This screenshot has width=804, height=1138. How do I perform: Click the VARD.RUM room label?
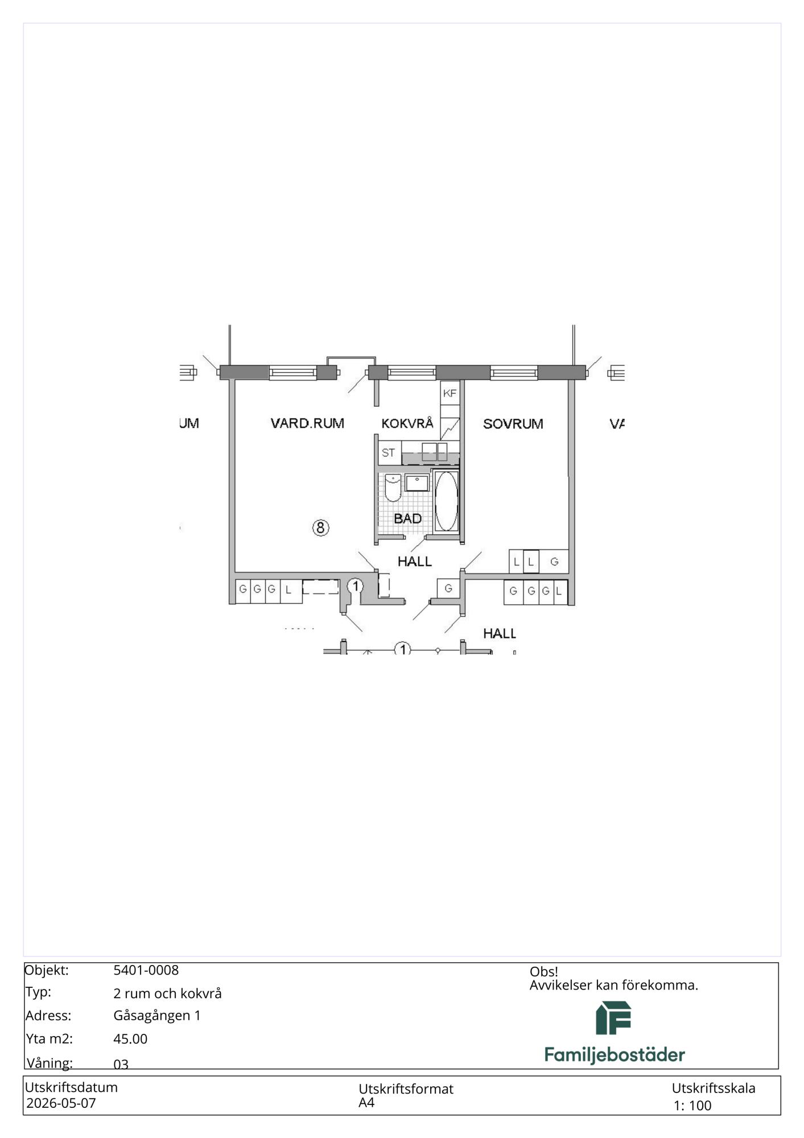[x=307, y=423]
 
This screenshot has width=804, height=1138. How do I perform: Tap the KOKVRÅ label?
[x=407, y=423]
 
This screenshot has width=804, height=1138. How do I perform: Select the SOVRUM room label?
[x=513, y=424]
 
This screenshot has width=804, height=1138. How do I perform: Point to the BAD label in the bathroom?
[x=407, y=518]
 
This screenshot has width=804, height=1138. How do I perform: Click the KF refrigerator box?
[x=450, y=393]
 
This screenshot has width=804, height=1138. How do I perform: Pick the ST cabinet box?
[x=389, y=453]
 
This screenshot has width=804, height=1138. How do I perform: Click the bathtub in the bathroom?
[x=446, y=501]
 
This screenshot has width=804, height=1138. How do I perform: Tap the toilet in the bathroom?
[x=393, y=488]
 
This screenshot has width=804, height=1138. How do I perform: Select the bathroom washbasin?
[x=417, y=483]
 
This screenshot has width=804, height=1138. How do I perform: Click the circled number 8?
[x=320, y=528]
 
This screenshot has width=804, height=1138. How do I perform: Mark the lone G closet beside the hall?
[x=448, y=588]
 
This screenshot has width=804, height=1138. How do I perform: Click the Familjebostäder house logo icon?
[x=613, y=1018]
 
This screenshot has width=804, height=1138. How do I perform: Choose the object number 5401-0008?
[x=146, y=970]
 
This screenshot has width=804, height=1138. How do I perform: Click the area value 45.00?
[x=130, y=1038]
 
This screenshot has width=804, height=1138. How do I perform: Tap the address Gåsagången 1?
[x=157, y=1016]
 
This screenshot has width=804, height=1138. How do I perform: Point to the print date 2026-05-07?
[x=61, y=1103]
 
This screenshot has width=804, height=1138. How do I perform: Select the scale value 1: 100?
[x=692, y=1106]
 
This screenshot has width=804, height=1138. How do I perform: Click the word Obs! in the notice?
[x=543, y=971]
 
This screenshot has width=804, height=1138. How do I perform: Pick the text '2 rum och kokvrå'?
[x=167, y=993]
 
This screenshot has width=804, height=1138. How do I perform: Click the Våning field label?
[x=49, y=1063]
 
